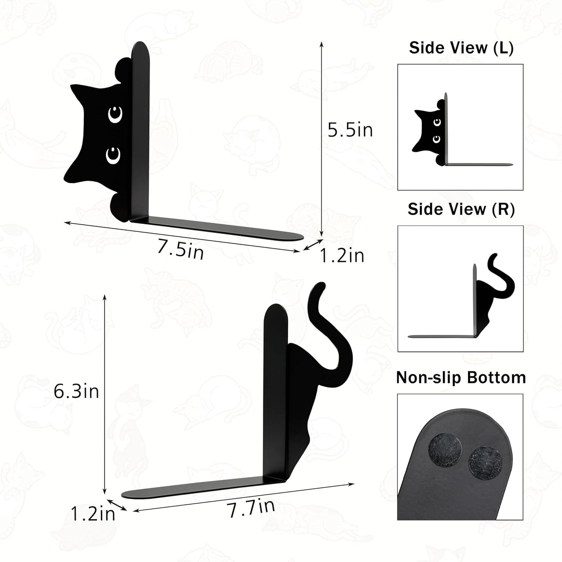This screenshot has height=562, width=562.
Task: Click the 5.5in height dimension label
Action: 350,130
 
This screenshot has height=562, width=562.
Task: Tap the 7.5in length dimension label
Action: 180,249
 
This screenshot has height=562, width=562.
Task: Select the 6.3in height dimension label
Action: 76,391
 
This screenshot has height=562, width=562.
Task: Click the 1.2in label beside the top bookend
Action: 342,256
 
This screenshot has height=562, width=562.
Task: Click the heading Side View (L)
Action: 461,48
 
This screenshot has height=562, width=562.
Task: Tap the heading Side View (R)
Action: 461,209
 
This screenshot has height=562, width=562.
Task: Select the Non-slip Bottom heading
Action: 461,378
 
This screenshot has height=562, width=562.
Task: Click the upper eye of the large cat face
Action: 116,114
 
